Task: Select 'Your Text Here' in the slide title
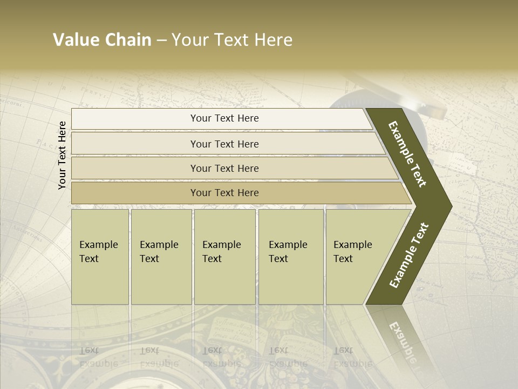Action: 232,40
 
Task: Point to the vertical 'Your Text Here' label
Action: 62,155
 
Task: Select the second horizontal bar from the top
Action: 224,144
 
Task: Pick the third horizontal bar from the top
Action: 224,168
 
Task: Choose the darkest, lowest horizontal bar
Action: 224,193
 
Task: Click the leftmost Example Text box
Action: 100,257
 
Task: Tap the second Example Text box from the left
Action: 161,257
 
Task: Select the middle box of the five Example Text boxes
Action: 224,257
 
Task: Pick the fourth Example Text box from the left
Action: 291,257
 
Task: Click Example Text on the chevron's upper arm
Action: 407,154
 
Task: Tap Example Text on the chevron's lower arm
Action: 408,255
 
